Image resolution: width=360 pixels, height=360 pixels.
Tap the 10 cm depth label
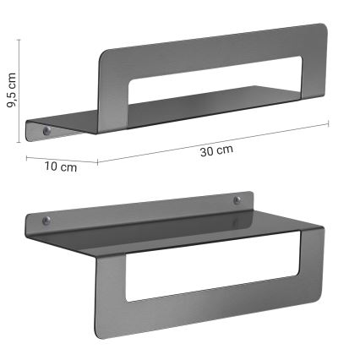coord(60,166)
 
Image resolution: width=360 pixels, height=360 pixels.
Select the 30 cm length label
coord(217,150)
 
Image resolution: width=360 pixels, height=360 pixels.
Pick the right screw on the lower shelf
coord(237,200)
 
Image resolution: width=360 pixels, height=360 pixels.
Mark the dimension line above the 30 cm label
coord(211,141)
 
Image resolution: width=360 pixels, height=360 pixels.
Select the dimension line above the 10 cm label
coord(61,159)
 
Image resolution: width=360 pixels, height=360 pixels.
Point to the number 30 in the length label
coord(209,151)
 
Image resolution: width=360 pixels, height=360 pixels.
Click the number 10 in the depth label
coord(52,166)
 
